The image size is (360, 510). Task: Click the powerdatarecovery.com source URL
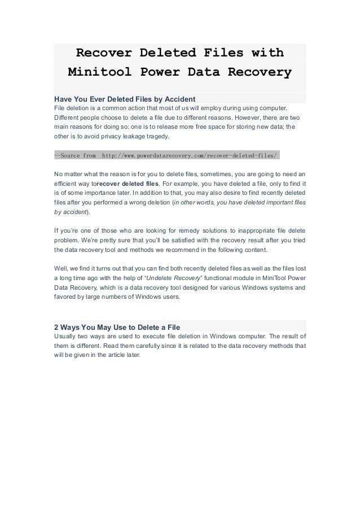pyautogui.click(x=190, y=154)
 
